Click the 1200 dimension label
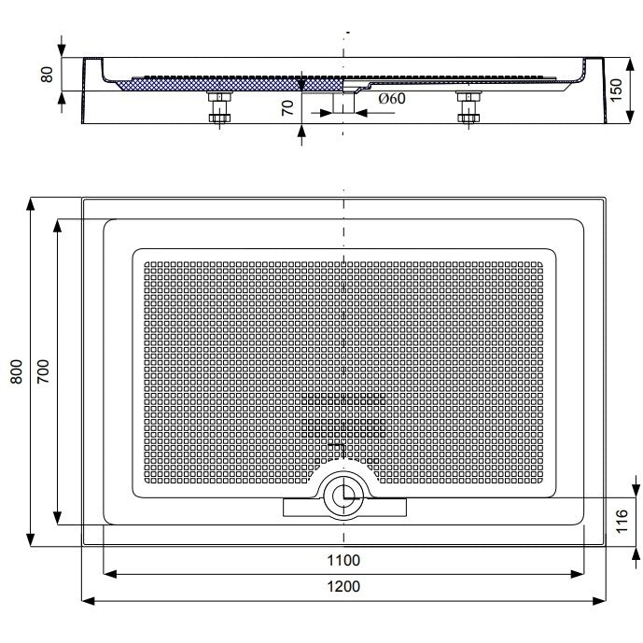point(343,587)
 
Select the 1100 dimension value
point(343,560)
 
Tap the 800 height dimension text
point(17,371)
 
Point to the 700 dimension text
point(43,371)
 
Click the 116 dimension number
point(622,521)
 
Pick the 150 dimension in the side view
point(616,91)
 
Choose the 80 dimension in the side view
point(48,75)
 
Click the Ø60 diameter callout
point(392,98)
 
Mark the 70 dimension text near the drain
point(287,108)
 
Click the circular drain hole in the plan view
point(343,496)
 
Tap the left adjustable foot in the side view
point(220,107)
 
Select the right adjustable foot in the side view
point(468,107)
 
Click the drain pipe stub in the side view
point(343,103)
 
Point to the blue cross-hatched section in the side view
point(230,85)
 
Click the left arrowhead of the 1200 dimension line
point(88,601)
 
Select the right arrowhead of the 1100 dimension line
point(577,574)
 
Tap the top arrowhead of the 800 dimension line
point(31,203)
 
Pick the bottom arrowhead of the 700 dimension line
point(58,518)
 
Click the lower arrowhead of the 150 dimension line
point(631,117)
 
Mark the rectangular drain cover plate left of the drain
point(302,508)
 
